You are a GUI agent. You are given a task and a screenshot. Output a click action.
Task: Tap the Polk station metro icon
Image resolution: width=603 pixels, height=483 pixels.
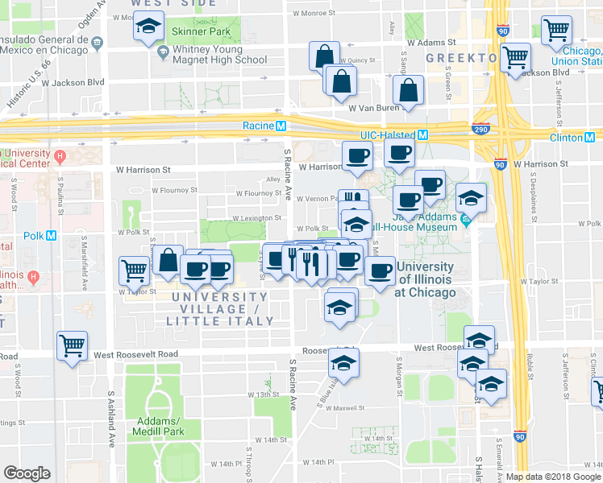point(52,236)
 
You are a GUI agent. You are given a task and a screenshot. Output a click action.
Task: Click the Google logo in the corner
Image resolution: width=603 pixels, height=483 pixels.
point(26,473)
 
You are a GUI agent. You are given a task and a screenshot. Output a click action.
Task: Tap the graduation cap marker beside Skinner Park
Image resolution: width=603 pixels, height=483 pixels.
point(149,28)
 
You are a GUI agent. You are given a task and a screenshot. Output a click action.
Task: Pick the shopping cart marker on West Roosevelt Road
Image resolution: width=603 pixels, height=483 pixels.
point(73,346)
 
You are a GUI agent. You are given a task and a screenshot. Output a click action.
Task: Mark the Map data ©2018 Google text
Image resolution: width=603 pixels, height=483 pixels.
point(553,477)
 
